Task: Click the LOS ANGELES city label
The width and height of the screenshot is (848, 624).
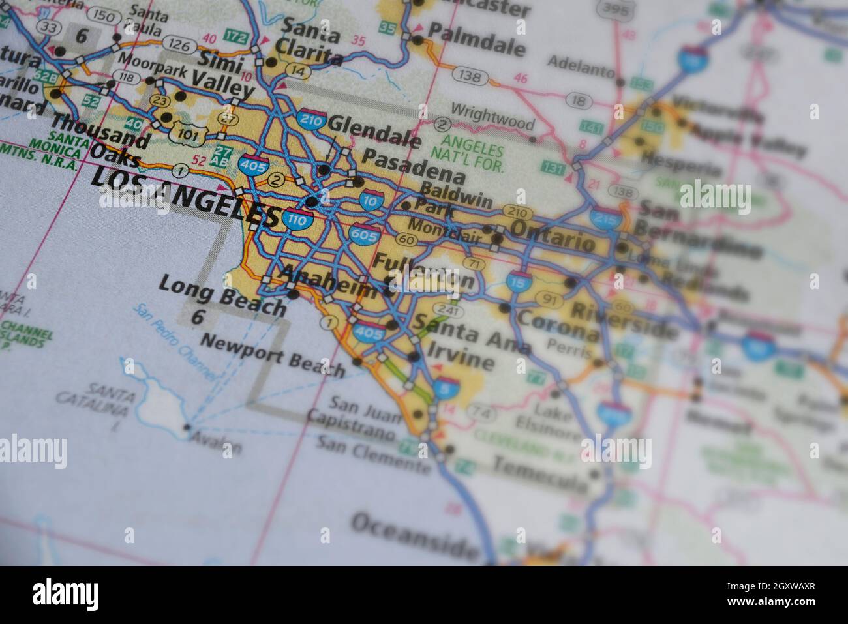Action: tap(189, 196)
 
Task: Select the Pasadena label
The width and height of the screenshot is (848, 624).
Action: tap(413, 166)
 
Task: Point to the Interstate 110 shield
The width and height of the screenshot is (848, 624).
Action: tap(297, 220)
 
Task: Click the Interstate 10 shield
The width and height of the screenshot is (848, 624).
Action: tap(371, 201)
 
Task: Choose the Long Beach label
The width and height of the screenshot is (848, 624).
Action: tap(222, 295)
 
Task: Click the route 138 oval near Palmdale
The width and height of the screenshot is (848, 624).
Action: tap(470, 76)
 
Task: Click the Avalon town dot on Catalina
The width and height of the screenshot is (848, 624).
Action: tap(187, 428)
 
